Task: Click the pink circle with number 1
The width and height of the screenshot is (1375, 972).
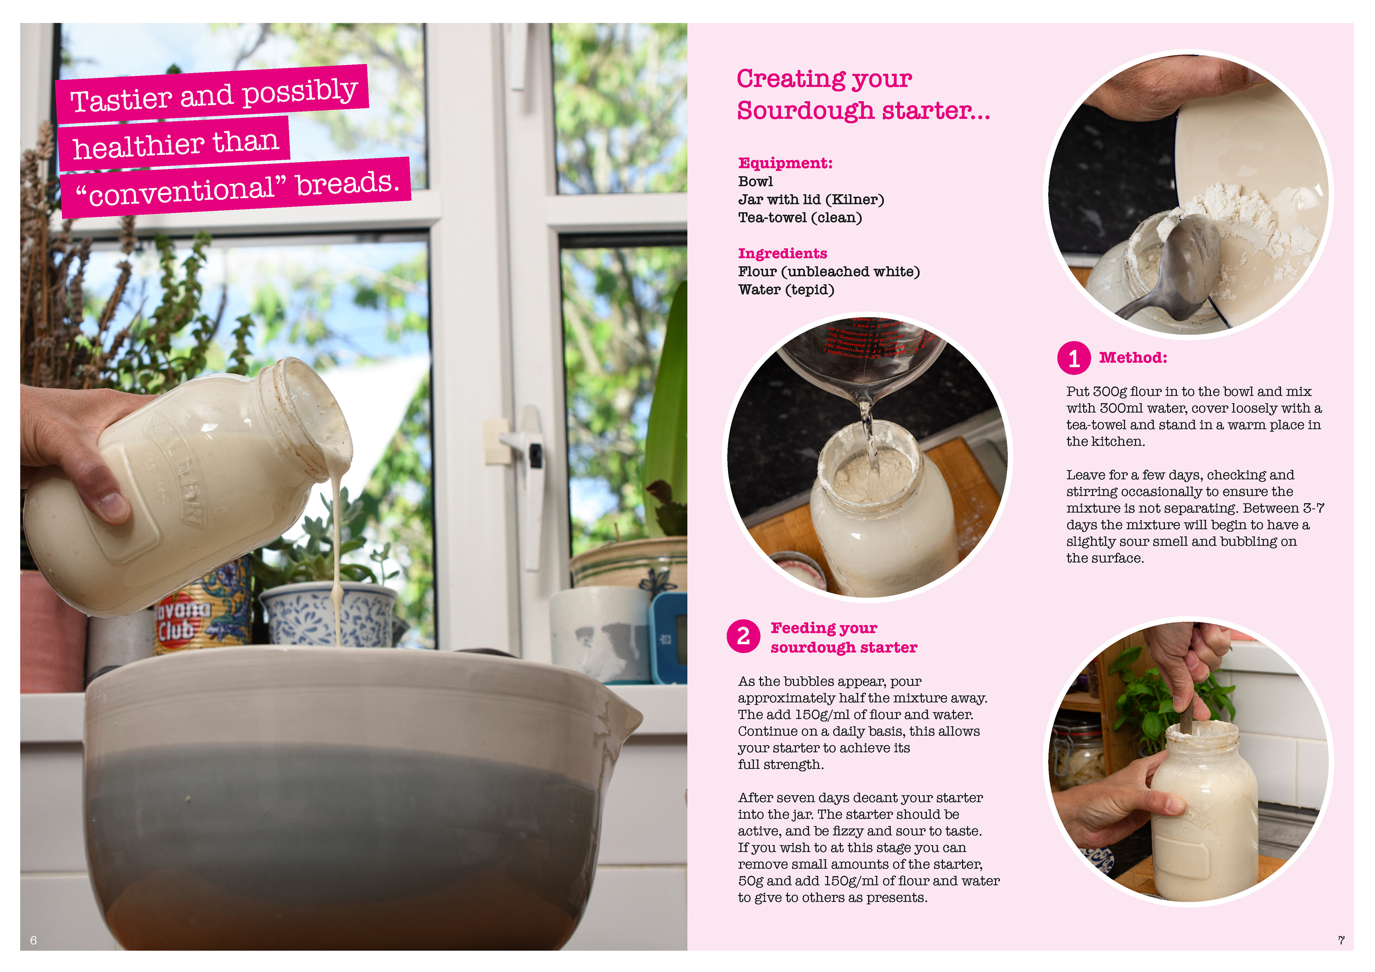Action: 1074,358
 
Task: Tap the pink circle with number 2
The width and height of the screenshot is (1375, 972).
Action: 743,636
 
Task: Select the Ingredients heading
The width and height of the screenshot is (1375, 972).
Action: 782,253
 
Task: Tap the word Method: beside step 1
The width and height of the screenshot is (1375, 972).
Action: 1133,358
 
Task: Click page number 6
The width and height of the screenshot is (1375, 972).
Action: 34,940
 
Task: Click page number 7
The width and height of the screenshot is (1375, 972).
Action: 1341,940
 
